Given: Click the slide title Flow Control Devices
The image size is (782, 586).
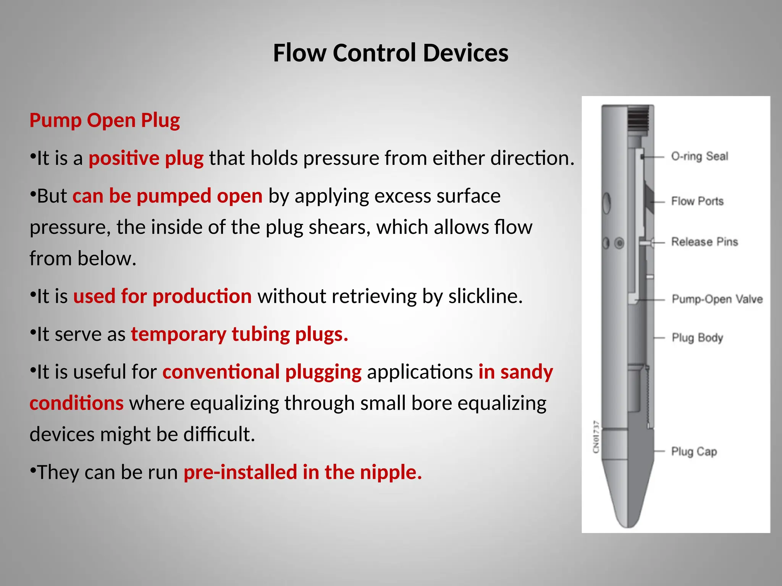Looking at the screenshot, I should (391, 53).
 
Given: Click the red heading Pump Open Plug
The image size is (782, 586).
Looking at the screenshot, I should (105, 120).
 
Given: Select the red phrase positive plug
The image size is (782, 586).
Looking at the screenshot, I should (146, 158).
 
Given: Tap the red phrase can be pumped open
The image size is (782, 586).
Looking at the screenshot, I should (168, 196).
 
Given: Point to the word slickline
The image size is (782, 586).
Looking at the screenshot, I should (485, 296).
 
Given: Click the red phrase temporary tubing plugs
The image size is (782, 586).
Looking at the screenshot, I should (239, 334).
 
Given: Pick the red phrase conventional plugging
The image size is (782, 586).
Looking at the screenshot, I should (262, 372).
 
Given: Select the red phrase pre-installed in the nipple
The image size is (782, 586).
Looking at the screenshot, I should (303, 472).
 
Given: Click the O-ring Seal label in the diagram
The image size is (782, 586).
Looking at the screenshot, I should (700, 156).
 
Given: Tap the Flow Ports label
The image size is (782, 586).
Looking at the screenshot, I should (697, 201).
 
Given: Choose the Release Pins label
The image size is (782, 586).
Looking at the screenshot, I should (704, 241).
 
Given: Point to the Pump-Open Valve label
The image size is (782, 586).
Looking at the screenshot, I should (717, 299).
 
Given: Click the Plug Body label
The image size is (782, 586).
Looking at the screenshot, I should (697, 338).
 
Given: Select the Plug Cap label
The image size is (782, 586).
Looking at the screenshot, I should (694, 451).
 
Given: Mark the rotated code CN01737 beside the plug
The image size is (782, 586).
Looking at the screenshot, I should (596, 437).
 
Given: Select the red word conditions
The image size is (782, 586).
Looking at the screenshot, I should (77, 403).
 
